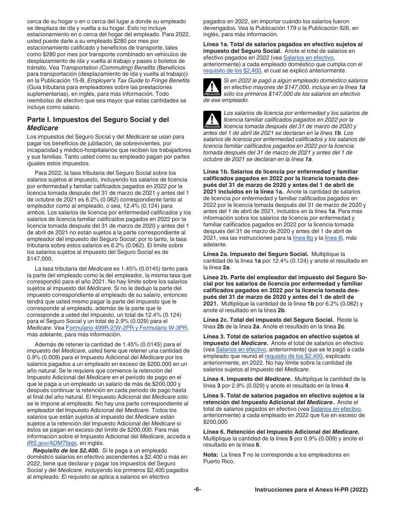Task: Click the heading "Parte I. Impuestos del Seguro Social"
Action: tap(98, 119)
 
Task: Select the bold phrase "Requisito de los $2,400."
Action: tap(66, 450)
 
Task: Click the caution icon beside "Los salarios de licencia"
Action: tap(212, 119)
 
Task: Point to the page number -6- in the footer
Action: tap(197, 490)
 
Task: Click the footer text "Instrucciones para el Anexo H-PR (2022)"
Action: tap(311, 490)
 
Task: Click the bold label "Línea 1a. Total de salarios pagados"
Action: tap(283, 44)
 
